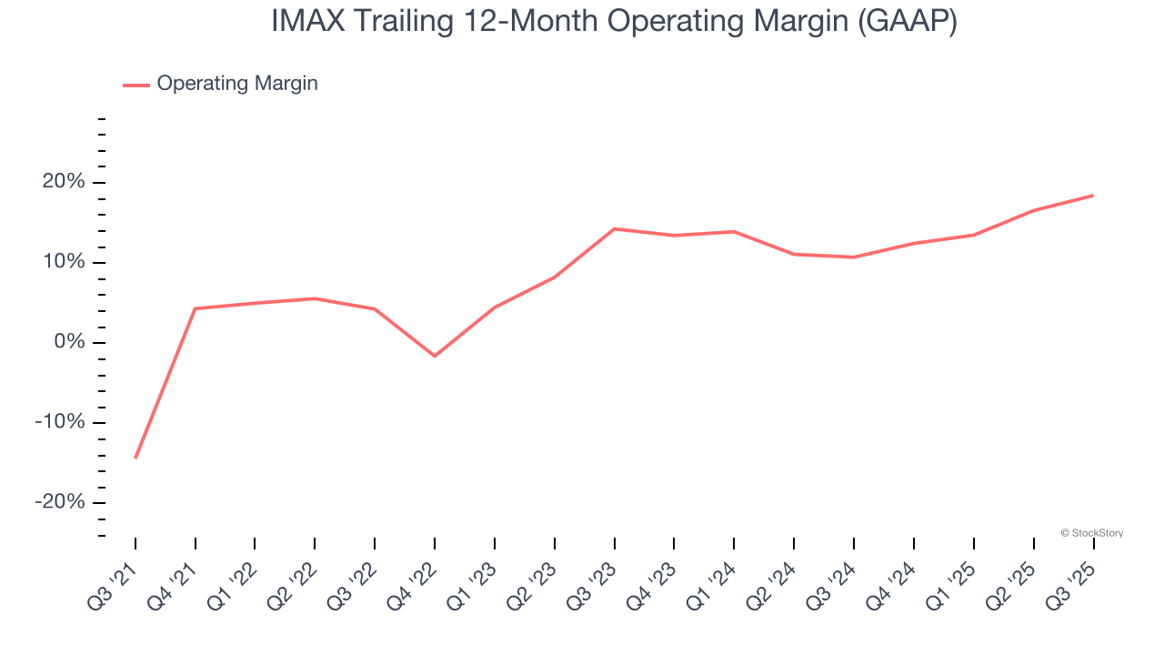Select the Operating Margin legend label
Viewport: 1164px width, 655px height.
(x=237, y=84)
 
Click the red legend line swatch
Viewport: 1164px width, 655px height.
(x=136, y=85)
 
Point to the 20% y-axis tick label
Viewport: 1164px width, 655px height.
(x=64, y=183)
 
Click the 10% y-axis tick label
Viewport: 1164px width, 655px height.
(x=64, y=263)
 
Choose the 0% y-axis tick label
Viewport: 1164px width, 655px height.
(x=69, y=343)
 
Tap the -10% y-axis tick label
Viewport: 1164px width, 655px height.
(x=60, y=423)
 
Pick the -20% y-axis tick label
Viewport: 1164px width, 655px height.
(x=60, y=503)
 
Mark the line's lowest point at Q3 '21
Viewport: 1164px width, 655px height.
(x=135, y=458)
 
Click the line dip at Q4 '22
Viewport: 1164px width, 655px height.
(x=435, y=356)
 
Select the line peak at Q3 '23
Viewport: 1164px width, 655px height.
(x=615, y=228)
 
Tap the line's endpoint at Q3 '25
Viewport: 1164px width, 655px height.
(x=1093, y=196)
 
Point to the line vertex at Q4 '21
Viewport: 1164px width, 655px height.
(x=196, y=308)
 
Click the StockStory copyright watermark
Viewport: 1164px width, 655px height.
(x=1091, y=533)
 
